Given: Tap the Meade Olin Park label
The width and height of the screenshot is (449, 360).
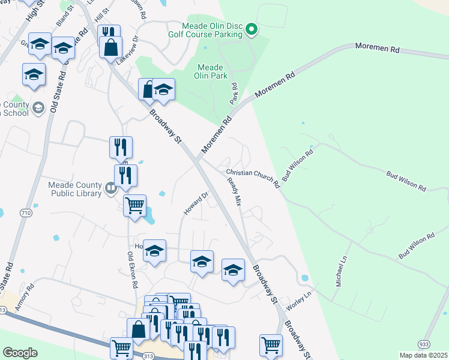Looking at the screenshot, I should [x=209, y=71].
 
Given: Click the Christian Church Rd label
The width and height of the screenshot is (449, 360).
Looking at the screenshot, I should [x=253, y=178].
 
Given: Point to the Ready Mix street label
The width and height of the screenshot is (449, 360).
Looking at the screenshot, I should [x=235, y=193].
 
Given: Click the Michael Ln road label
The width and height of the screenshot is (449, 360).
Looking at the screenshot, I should [x=342, y=271].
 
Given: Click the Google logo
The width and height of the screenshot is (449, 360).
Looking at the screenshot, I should [x=20, y=353].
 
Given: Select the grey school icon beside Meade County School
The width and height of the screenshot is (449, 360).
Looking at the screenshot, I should [x=38, y=107].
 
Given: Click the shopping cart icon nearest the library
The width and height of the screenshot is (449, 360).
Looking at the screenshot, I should [x=134, y=205].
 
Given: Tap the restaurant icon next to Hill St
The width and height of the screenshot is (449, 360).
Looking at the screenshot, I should [x=109, y=32].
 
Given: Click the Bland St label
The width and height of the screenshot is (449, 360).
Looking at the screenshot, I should [x=64, y=18].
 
